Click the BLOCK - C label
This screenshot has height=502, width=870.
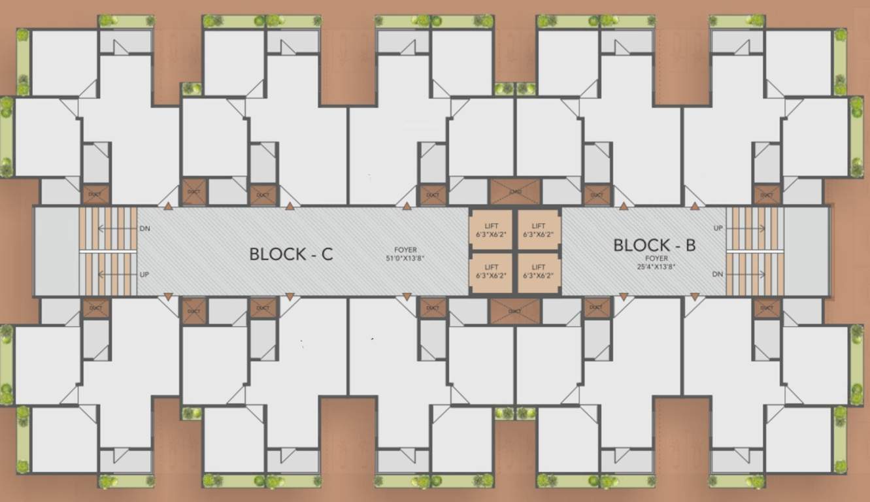coord(291,254)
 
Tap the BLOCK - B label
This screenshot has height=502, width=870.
coord(654,245)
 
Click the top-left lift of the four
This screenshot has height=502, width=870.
coord(492,229)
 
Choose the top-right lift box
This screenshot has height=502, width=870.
coord(539,229)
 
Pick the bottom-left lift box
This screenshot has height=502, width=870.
coord(492,271)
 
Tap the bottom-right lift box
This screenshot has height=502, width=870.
coord(539,271)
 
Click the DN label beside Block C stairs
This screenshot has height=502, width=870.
coord(144,229)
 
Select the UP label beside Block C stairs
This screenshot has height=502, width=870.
coord(144,274)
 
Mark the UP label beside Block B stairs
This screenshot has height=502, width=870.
coord(718,229)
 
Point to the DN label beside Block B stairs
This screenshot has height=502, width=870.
coord(718,274)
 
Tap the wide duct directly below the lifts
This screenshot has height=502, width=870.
coord(515,311)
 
